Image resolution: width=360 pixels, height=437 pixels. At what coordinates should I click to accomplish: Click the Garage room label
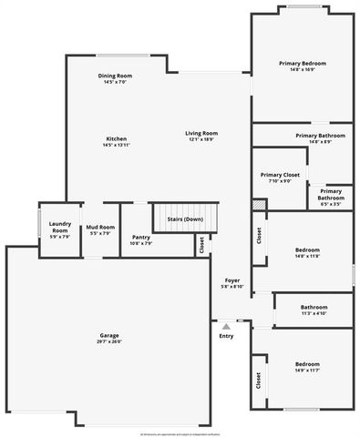click(109, 335)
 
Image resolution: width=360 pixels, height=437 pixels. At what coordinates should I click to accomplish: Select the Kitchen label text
click(115, 138)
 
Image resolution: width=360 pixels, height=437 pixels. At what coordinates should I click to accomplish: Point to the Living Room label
click(201, 133)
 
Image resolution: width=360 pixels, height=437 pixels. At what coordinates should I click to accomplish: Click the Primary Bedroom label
click(302, 63)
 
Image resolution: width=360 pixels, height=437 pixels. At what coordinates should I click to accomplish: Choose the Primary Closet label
click(280, 174)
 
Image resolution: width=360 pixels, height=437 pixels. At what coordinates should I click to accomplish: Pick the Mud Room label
click(99, 228)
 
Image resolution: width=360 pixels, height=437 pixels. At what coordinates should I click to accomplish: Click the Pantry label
click(140, 237)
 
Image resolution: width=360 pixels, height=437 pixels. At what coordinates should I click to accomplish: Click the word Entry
click(226, 336)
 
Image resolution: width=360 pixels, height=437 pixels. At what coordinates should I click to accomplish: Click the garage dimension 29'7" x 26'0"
click(109, 341)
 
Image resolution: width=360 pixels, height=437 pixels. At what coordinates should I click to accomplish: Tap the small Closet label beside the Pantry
click(201, 245)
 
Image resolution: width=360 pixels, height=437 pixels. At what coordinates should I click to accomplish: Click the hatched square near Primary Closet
click(258, 206)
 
